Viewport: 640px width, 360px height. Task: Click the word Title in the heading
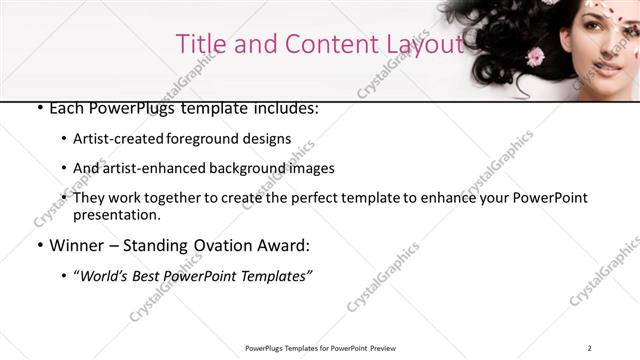[x=198, y=44]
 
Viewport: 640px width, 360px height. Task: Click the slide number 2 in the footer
[x=590, y=348]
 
